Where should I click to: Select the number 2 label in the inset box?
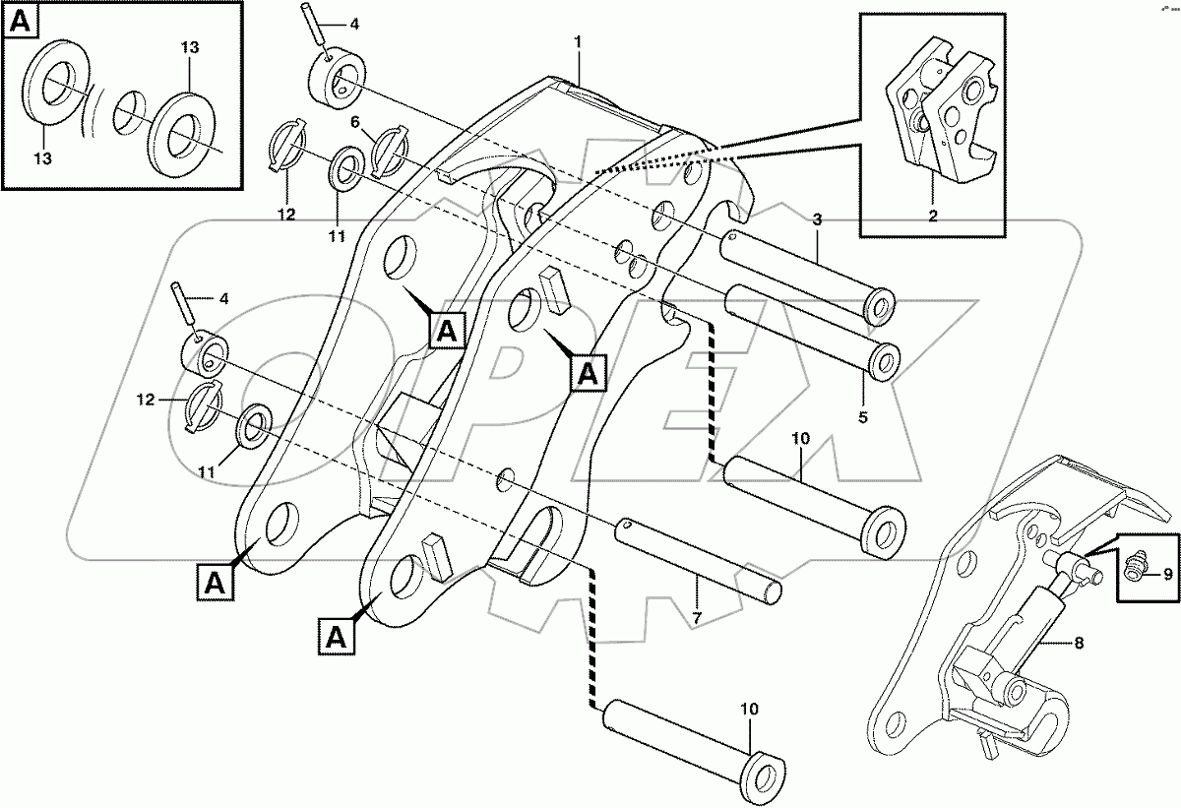click(x=932, y=214)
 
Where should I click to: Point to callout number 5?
click(x=863, y=416)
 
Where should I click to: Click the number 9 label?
click(x=1167, y=573)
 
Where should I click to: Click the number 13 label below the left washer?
click(x=42, y=156)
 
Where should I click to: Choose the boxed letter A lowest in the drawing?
click(x=337, y=638)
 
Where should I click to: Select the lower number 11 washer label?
click(x=206, y=472)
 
